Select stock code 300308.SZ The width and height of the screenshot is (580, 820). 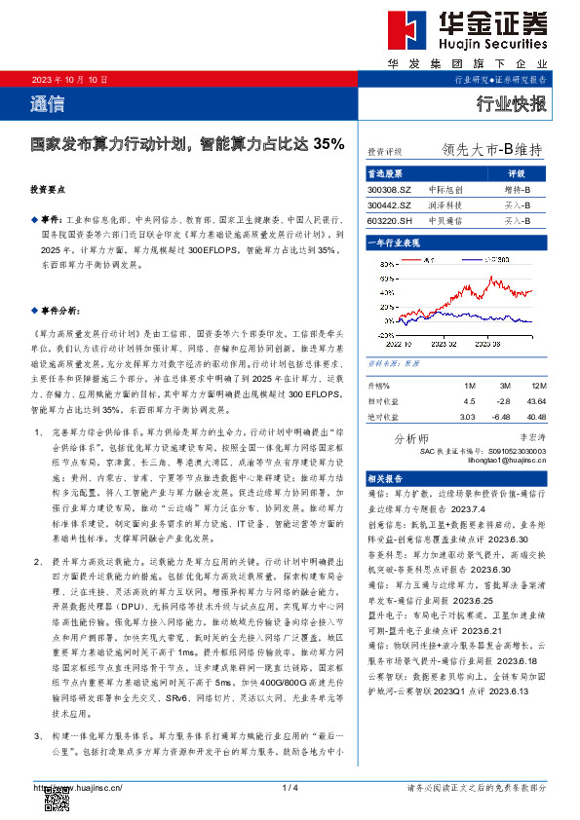[x=389, y=189]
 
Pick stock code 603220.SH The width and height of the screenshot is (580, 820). [x=389, y=221]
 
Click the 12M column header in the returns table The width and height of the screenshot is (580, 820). [x=533, y=387]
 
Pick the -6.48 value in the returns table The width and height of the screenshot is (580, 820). [x=503, y=417]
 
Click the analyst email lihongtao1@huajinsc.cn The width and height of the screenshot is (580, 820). [x=499, y=460]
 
